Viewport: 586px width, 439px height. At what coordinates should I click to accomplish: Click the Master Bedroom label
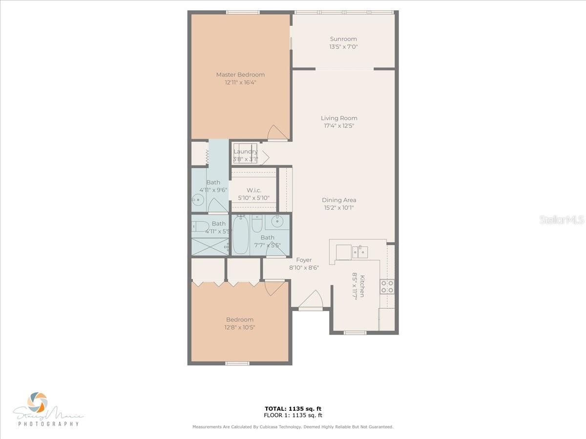point(240,75)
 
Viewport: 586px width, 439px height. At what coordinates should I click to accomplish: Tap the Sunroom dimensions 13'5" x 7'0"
point(343,47)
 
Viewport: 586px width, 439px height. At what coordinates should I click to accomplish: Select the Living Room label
point(339,118)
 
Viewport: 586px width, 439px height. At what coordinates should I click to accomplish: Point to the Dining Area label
point(339,200)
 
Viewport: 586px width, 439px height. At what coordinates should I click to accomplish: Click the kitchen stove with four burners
point(387,287)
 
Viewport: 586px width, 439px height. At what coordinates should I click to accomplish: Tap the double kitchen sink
point(359,252)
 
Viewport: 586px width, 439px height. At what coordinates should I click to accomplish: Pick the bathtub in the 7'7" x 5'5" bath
point(241,236)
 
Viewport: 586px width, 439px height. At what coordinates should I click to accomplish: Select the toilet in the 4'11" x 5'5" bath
point(199,225)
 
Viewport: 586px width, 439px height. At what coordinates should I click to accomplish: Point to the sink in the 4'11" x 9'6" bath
point(197,199)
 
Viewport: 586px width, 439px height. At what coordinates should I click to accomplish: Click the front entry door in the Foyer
point(311,302)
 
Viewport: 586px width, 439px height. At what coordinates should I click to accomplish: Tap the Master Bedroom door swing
point(277,133)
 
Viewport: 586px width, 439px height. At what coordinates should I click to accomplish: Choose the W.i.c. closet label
point(253,190)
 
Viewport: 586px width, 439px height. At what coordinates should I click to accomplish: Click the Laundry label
point(245,152)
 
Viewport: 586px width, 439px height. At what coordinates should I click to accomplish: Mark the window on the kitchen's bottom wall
point(355,333)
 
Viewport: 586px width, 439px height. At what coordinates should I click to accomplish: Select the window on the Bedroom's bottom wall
point(237,363)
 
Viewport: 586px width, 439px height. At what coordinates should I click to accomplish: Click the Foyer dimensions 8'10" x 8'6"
point(304,267)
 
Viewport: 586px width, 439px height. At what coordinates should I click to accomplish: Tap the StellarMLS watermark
point(562,220)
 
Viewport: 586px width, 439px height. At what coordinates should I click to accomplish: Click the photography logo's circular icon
point(38,402)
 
